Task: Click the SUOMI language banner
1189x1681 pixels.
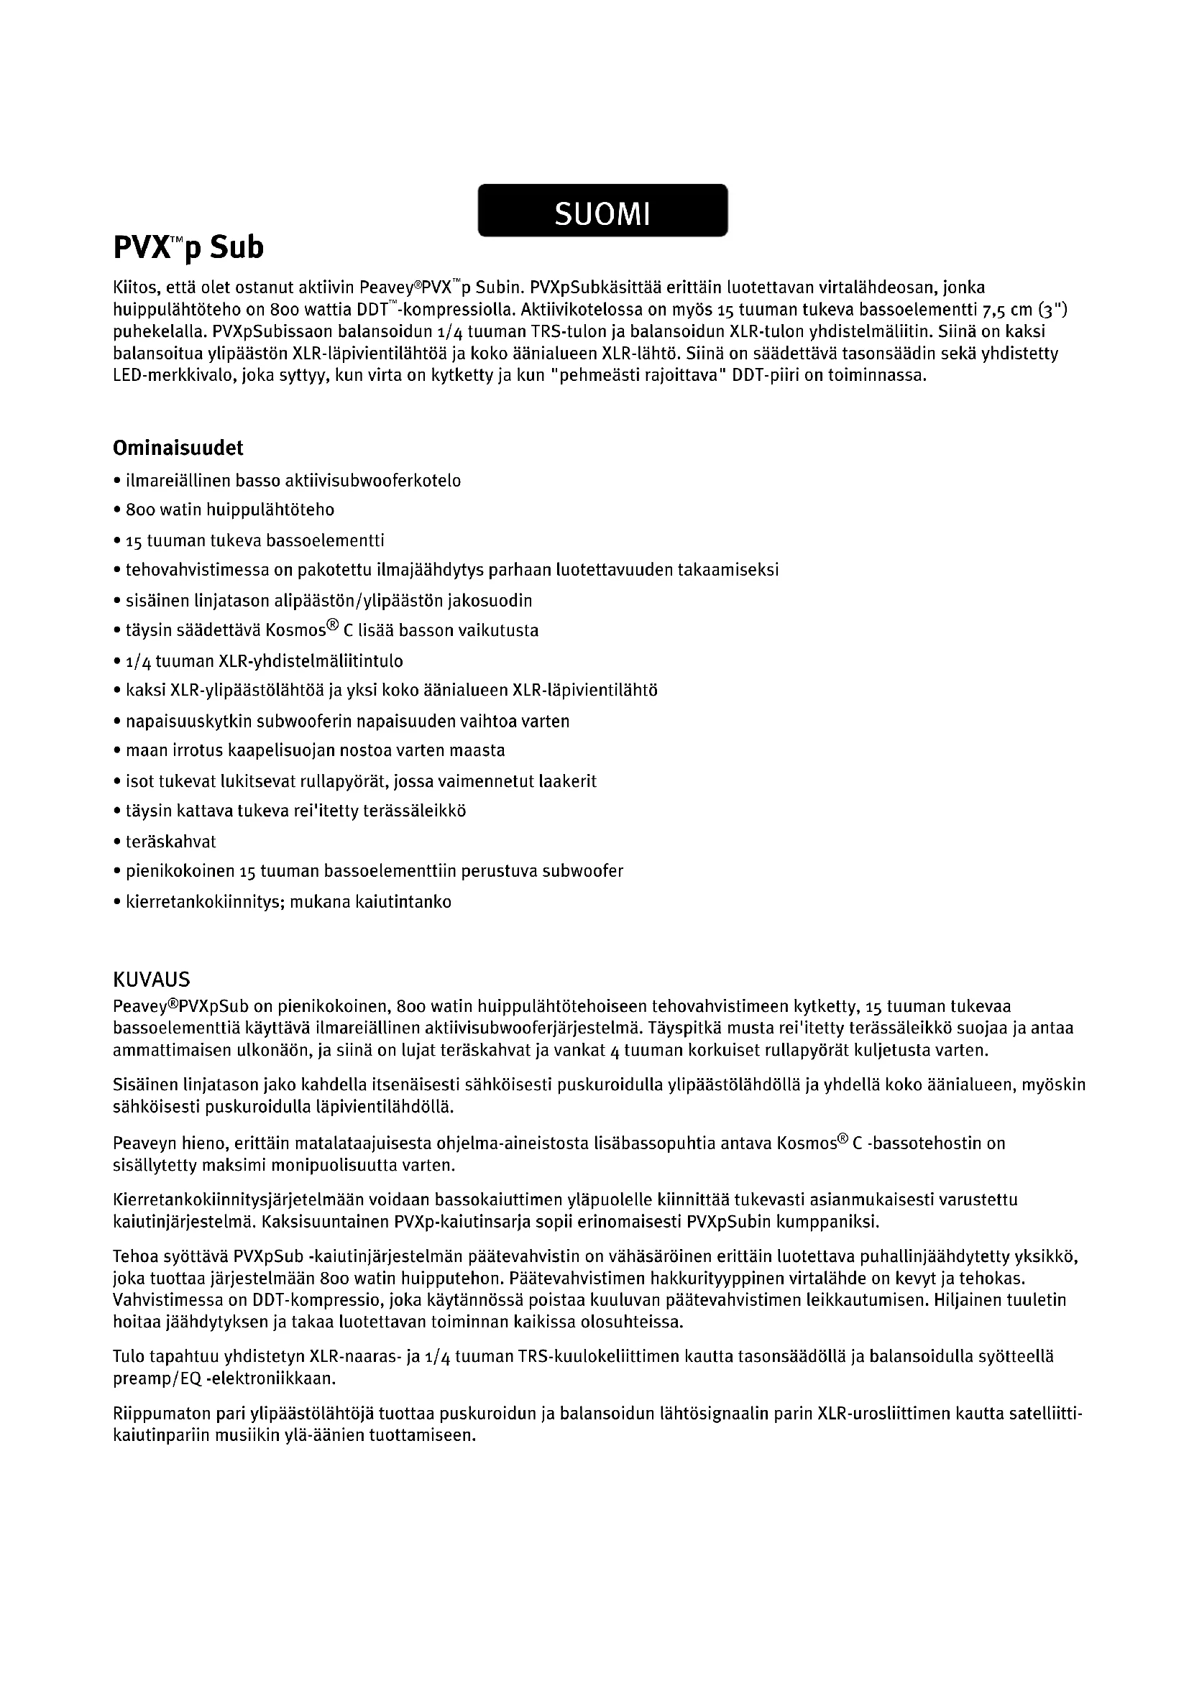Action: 602,211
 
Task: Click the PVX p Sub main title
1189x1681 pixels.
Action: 188,249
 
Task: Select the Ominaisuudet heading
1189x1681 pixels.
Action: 178,447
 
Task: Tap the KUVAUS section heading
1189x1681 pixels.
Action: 152,979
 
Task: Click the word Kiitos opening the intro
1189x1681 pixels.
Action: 134,287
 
